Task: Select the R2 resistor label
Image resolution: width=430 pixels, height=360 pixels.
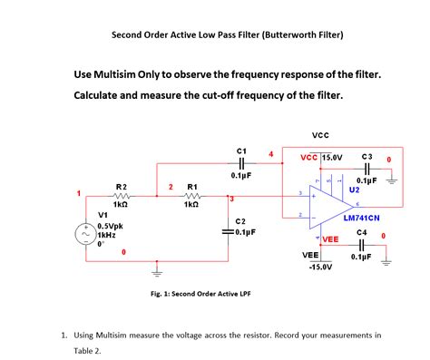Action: coord(122,187)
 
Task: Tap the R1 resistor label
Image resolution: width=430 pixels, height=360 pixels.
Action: coord(192,187)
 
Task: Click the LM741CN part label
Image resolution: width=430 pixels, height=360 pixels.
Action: coord(361,219)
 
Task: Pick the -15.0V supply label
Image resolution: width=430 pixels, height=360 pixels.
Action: coord(319,268)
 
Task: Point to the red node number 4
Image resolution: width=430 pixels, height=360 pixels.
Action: coord(270,153)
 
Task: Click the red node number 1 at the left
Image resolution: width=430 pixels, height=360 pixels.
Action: coord(79,192)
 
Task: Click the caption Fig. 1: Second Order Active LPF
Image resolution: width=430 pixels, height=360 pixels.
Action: coord(200,294)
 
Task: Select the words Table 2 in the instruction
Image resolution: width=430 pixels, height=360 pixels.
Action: coord(88,350)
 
